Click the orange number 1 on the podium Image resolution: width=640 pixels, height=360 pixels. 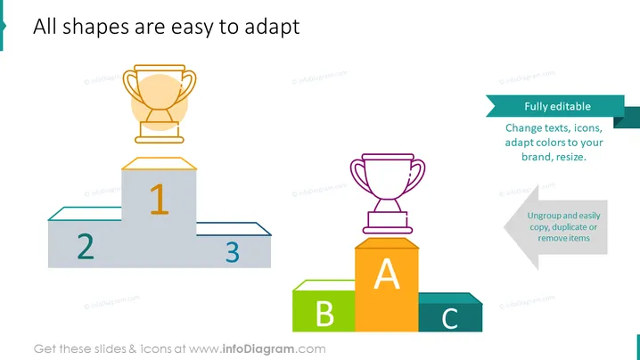click(160, 199)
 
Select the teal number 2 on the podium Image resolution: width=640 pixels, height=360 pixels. click(86, 246)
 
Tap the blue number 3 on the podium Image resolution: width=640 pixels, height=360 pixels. click(233, 252)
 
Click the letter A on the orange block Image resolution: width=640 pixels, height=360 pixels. click(387, 274)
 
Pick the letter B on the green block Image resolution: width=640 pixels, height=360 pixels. click(324, 314)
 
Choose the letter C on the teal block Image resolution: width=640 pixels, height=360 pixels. click(450, 318)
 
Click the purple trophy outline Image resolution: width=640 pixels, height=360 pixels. click(388, 194)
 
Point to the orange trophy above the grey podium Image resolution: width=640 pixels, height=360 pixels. click(160, 104)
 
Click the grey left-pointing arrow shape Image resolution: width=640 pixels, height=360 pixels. click(555, 227)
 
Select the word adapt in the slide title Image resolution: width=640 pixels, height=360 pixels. click(272, 28)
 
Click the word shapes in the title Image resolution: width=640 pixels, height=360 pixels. click(95, 28)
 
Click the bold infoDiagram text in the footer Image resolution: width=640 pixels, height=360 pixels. click(258, 349)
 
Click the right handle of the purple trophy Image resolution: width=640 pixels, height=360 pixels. click(415, 176)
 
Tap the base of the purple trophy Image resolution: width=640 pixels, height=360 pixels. click(388, 223)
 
